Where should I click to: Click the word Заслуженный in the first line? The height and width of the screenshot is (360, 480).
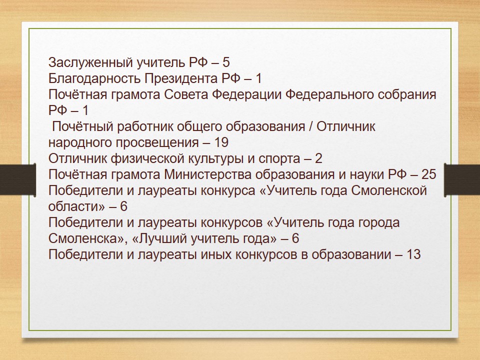coord(90,63)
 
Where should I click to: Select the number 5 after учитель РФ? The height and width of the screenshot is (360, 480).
coord(226,62)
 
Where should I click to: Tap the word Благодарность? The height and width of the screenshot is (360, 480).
coord(94,78)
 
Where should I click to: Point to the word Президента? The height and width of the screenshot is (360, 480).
coord(181,78)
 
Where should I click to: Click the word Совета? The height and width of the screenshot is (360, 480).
coord(186,94)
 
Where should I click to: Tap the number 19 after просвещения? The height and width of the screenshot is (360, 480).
coord(221,142)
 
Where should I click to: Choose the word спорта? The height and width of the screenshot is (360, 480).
coord(279,159)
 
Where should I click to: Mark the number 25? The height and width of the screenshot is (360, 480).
coord(428,174)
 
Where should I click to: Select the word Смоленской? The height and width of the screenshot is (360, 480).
coord(389,190)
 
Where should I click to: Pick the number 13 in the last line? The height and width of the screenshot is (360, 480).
coord(413,254)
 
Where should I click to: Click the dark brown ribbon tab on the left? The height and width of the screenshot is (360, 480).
coord(18,179)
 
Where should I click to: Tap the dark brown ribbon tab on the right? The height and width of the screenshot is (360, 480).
coord(462,179)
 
